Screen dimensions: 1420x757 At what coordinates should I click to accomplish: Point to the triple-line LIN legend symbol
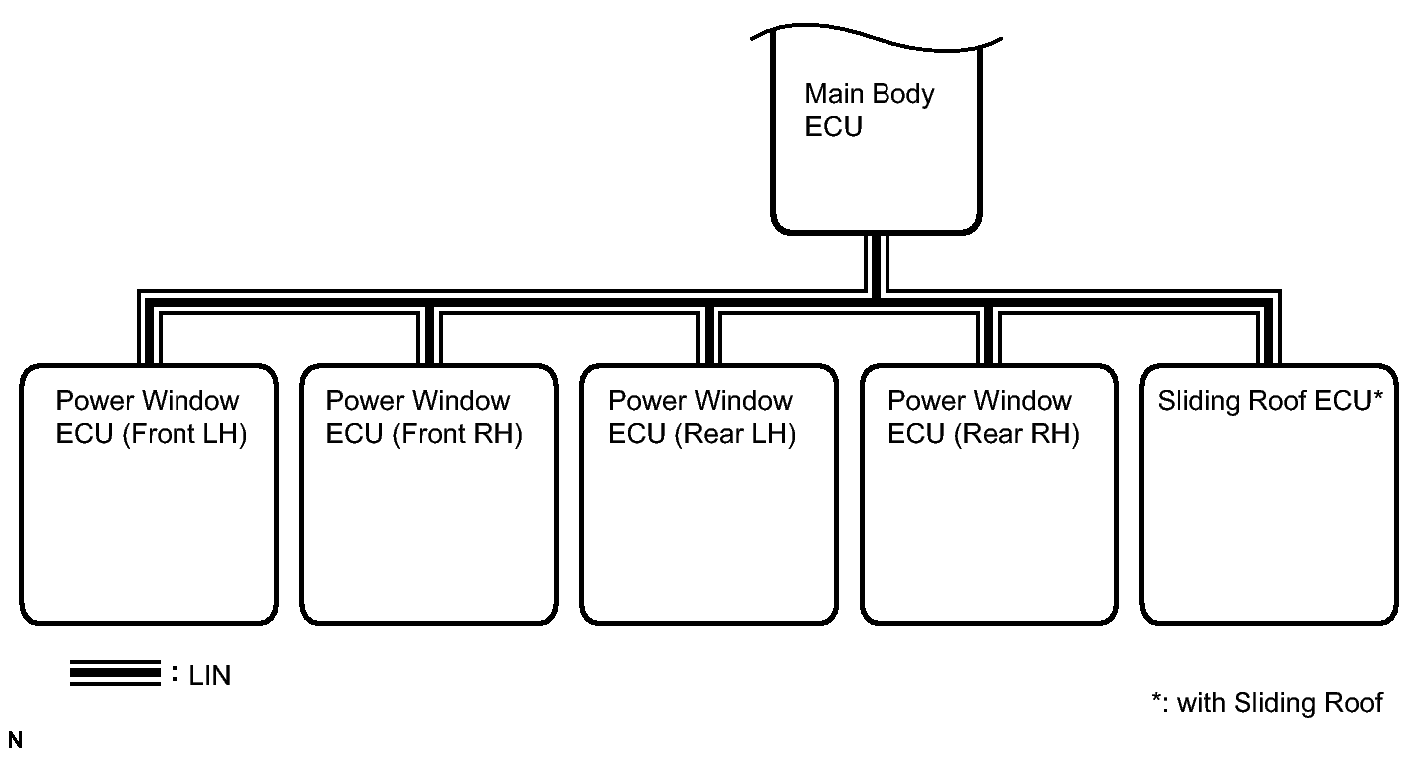click(x=115, y=673)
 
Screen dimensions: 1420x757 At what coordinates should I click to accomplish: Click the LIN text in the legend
click(x=209, y=676)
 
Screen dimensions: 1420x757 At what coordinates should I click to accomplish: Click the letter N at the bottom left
click(x=15, y=740)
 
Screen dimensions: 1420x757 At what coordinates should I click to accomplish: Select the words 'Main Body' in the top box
click(x=870, y=94)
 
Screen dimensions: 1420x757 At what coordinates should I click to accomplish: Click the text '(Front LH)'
click(x=183, y=435)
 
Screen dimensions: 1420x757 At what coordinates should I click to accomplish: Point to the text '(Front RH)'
click(x=457, y=435)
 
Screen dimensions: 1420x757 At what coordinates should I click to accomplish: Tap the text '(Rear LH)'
click(x=735, y=435)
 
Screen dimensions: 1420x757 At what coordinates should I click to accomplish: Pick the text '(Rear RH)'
click(x=1016, y=435)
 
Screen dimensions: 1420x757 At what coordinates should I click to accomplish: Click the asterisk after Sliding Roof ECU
click(x=1377, y=394)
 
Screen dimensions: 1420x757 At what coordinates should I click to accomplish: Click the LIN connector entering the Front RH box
click(x=429, y=336)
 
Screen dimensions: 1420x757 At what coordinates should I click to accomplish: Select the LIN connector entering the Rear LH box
click(x=709, y=336)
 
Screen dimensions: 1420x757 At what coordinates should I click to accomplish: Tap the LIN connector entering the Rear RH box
click(x=989, y=336)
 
